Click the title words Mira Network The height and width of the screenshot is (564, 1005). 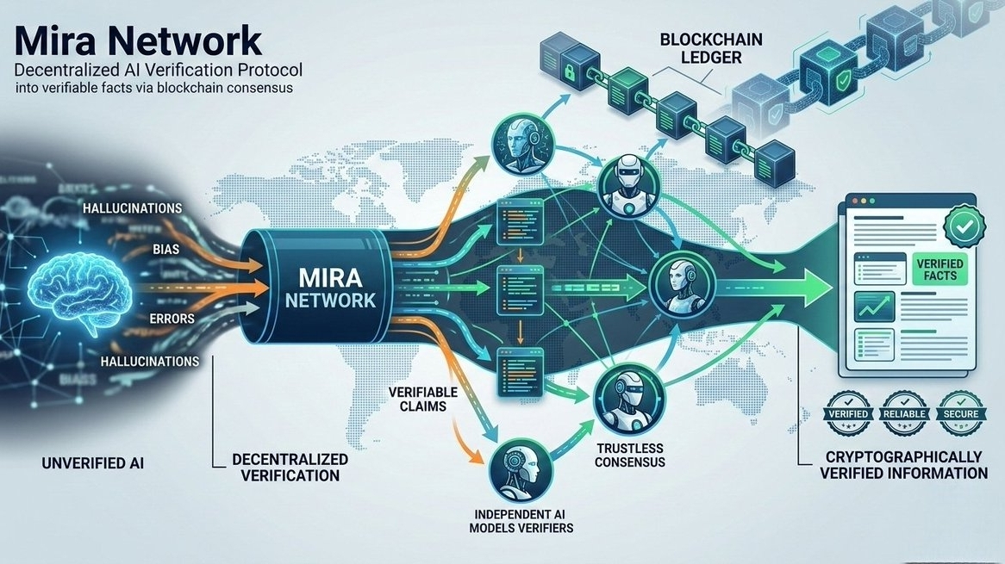click(x=138, y=40)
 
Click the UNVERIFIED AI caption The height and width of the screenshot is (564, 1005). click(x=93, y=464)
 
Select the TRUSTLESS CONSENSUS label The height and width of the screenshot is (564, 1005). click(x=631, y=455)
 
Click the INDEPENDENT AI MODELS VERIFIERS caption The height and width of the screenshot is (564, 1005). click(x=521, y=519)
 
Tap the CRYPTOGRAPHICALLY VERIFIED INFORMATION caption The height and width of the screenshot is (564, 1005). click(x=903, y=465)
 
